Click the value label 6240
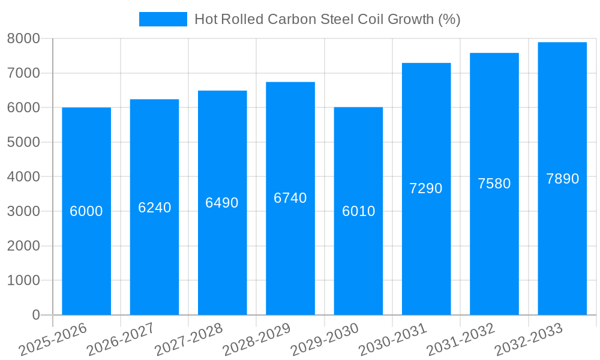tap(154, 208)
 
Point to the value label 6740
tap(290, 198)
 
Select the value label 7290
tap(426, 188)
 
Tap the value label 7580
tap(494, 184)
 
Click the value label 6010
tap(358, 211)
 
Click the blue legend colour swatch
tap(163, 19)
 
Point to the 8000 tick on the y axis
tap(23, 38)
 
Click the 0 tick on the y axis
tap(36, 315)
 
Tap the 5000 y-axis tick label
tap(23, 142)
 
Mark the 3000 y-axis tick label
tap(23, 211)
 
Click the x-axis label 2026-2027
tap(121, 340)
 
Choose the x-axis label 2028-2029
tap(257, 340)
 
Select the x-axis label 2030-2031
tap(393, 340)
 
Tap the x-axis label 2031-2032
tap(461, 340)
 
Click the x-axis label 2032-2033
tap(529, 340)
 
